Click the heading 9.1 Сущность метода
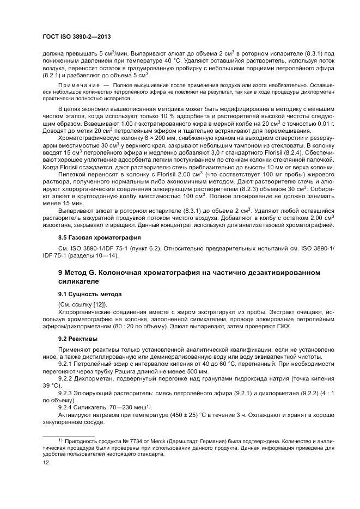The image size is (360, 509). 90,293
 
